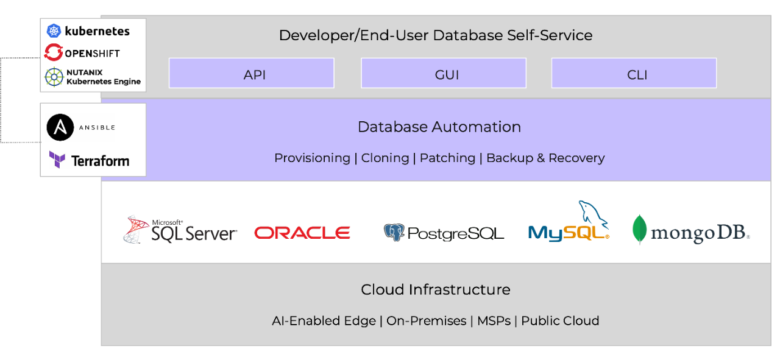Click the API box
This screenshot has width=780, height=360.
(251, 74)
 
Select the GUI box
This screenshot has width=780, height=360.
(443, 74)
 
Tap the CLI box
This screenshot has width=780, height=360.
(634, 74)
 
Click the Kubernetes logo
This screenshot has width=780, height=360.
(54, 30)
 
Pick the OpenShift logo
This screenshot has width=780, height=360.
(54, 53)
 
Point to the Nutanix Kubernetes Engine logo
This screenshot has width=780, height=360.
(54, 77)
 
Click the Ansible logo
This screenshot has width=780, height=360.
(60, 128)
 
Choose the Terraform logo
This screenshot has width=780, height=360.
(57, 161)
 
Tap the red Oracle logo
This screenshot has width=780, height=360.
(302, 233)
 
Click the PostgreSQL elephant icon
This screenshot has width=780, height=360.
(394, 233)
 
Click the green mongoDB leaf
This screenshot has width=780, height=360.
(639, 230)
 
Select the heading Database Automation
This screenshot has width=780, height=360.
(439, 127)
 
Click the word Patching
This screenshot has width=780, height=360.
(447, 158)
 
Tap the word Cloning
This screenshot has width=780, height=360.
(385, 158)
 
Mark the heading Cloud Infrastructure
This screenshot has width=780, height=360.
(435, 289)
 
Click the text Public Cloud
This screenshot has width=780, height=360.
(559, 321)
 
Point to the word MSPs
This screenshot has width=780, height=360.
(494, 321)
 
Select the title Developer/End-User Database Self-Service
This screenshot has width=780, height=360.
(435, 35)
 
